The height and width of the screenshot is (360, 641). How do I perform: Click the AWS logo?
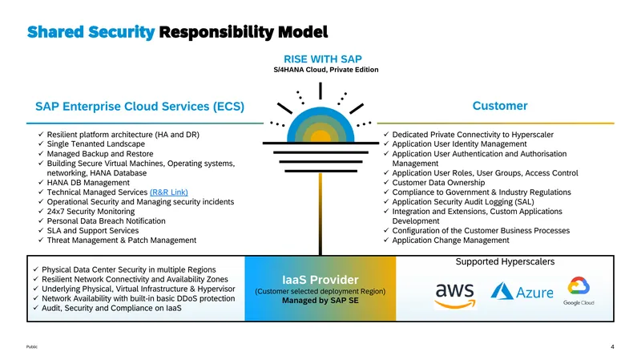pyautogui.click(x=455, y=295)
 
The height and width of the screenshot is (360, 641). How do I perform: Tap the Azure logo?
pyautogui.click(x=522, y=291)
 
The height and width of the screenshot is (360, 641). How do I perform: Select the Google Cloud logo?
pyautogui.click(x=579, y=291)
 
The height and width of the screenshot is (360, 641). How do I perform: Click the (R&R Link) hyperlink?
pyautogui.click(x=169, y=192)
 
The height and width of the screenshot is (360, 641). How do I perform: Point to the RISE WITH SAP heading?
pyautogui.click(x=323, y=59)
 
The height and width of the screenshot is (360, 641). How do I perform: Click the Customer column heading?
pyautogui.click(x=500, y=106)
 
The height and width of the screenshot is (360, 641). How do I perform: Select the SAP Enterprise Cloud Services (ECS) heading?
pyautogui.click(x=139, y=107)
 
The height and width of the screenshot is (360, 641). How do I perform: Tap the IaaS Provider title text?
pyautogui.click(x=320, y=280)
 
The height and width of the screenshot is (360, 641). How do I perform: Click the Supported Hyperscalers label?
pyautogui.click(x=505, y=262)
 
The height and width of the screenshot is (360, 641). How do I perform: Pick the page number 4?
pyautogui.click(x=612, y=346)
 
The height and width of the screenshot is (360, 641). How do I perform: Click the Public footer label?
pyautogui.click(x=32, y=347)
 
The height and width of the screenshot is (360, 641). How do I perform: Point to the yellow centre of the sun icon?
pyautogui.click(x=320, y=137)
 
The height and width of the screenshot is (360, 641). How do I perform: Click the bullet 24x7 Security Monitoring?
pyautogui.click(x=91, y=212)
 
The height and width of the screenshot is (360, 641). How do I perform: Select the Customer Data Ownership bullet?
pyautogui.click(x=438, y=183)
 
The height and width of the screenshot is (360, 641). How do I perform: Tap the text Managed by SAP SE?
pyautogui.click(x=320, y=301)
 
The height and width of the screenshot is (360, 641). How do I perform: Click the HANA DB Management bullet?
pyautogui.click(x=88, y=183)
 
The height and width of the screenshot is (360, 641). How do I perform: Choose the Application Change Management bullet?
pyautogui.click(x=450, y=241)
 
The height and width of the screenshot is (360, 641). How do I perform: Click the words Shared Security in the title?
pyautogui.click(x=91, y=32)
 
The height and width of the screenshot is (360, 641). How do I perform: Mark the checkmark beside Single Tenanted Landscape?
pyautogui.click(x=41, y=144)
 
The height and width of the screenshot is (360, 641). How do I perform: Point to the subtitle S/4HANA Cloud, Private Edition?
pyautogui.click(x=326, y=70)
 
